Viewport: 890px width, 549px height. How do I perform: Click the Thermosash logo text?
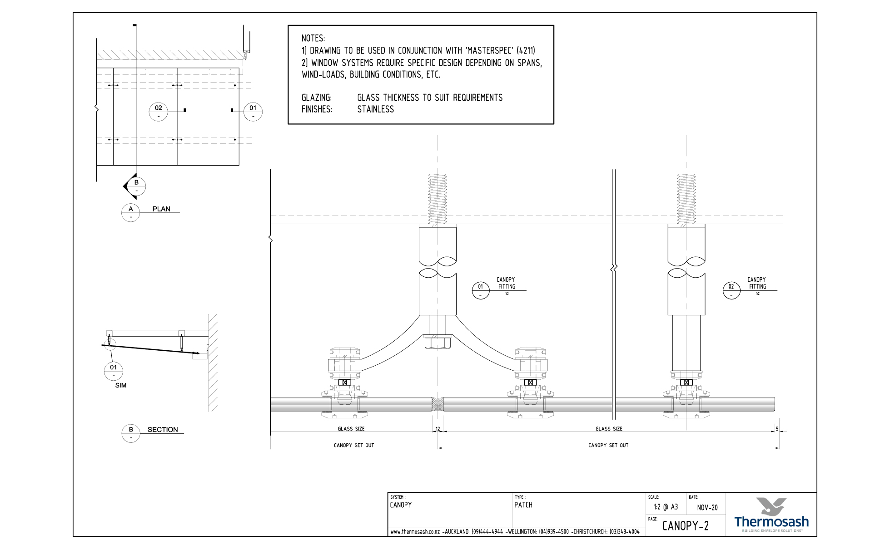tap(771, 522)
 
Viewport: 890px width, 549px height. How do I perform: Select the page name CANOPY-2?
tap(685, 526)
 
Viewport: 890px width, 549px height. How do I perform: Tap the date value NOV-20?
tap(707, 508)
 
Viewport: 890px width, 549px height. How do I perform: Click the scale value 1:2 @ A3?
tap(666, 507)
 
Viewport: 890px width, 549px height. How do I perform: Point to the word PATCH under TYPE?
tap(523, 505)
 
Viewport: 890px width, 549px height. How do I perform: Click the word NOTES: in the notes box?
tap(313, 39)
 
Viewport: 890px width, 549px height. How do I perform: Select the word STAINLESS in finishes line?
tap(375, 109)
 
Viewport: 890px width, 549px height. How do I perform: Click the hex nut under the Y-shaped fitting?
tap(438, 342)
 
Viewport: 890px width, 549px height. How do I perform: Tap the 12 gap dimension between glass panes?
tap(438, 429)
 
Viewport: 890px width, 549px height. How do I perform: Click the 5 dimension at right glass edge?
tap(777, 429)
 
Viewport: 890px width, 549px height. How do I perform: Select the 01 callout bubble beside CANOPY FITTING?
tap(480, 290)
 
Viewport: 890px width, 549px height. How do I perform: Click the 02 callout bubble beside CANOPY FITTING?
tap(731, 290)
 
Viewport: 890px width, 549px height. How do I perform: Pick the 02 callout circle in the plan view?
tap(158, 111)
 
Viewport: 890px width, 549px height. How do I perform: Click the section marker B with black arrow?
tap(135, 186)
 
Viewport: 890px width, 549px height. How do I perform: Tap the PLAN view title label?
tap(161, 209)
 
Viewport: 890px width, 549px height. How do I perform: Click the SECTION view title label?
tap(163, 430)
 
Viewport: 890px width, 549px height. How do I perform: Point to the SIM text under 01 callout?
tap(121, 385)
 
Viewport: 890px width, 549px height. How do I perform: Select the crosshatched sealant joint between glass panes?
tap(437, 404)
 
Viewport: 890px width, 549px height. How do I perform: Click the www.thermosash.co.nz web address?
tap(415, 532)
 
